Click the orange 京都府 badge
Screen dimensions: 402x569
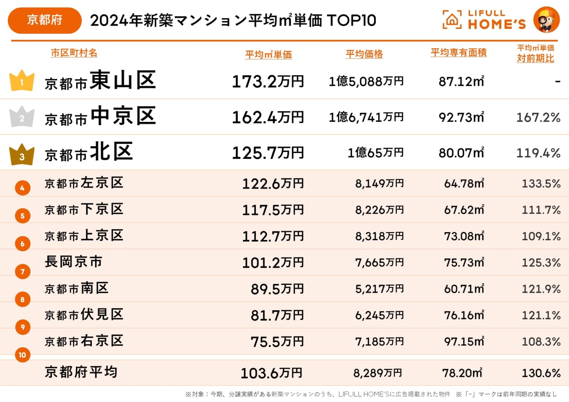[x=44, y=20]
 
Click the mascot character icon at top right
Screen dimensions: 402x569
[x=546, y=20]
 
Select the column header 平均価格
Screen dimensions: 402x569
[x=364, y=54]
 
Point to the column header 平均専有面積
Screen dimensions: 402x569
[x=458, y=53]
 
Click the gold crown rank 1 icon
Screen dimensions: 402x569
[x=22, y=81]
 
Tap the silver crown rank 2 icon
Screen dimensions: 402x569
[x=22, y=117]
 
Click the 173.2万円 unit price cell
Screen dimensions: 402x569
[x=267, y=81]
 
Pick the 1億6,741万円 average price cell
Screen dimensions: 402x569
[x=366, y=117]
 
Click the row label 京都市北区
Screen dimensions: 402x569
[x=89, y=153]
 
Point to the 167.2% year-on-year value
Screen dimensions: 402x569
[x=538, y=118]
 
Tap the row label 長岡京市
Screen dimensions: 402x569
[x=73, y=262]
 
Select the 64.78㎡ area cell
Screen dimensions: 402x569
[x=464, y=184]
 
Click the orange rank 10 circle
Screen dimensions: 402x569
[x=23, y=355]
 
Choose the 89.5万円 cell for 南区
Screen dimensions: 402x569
[x=277, y=289]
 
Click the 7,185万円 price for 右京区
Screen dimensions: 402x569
[x=379, y=342]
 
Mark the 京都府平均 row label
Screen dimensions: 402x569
[x=81, y=372]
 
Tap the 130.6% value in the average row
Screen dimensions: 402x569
[x=541, y=373]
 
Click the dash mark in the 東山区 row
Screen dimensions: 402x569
[x=558, y=81]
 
